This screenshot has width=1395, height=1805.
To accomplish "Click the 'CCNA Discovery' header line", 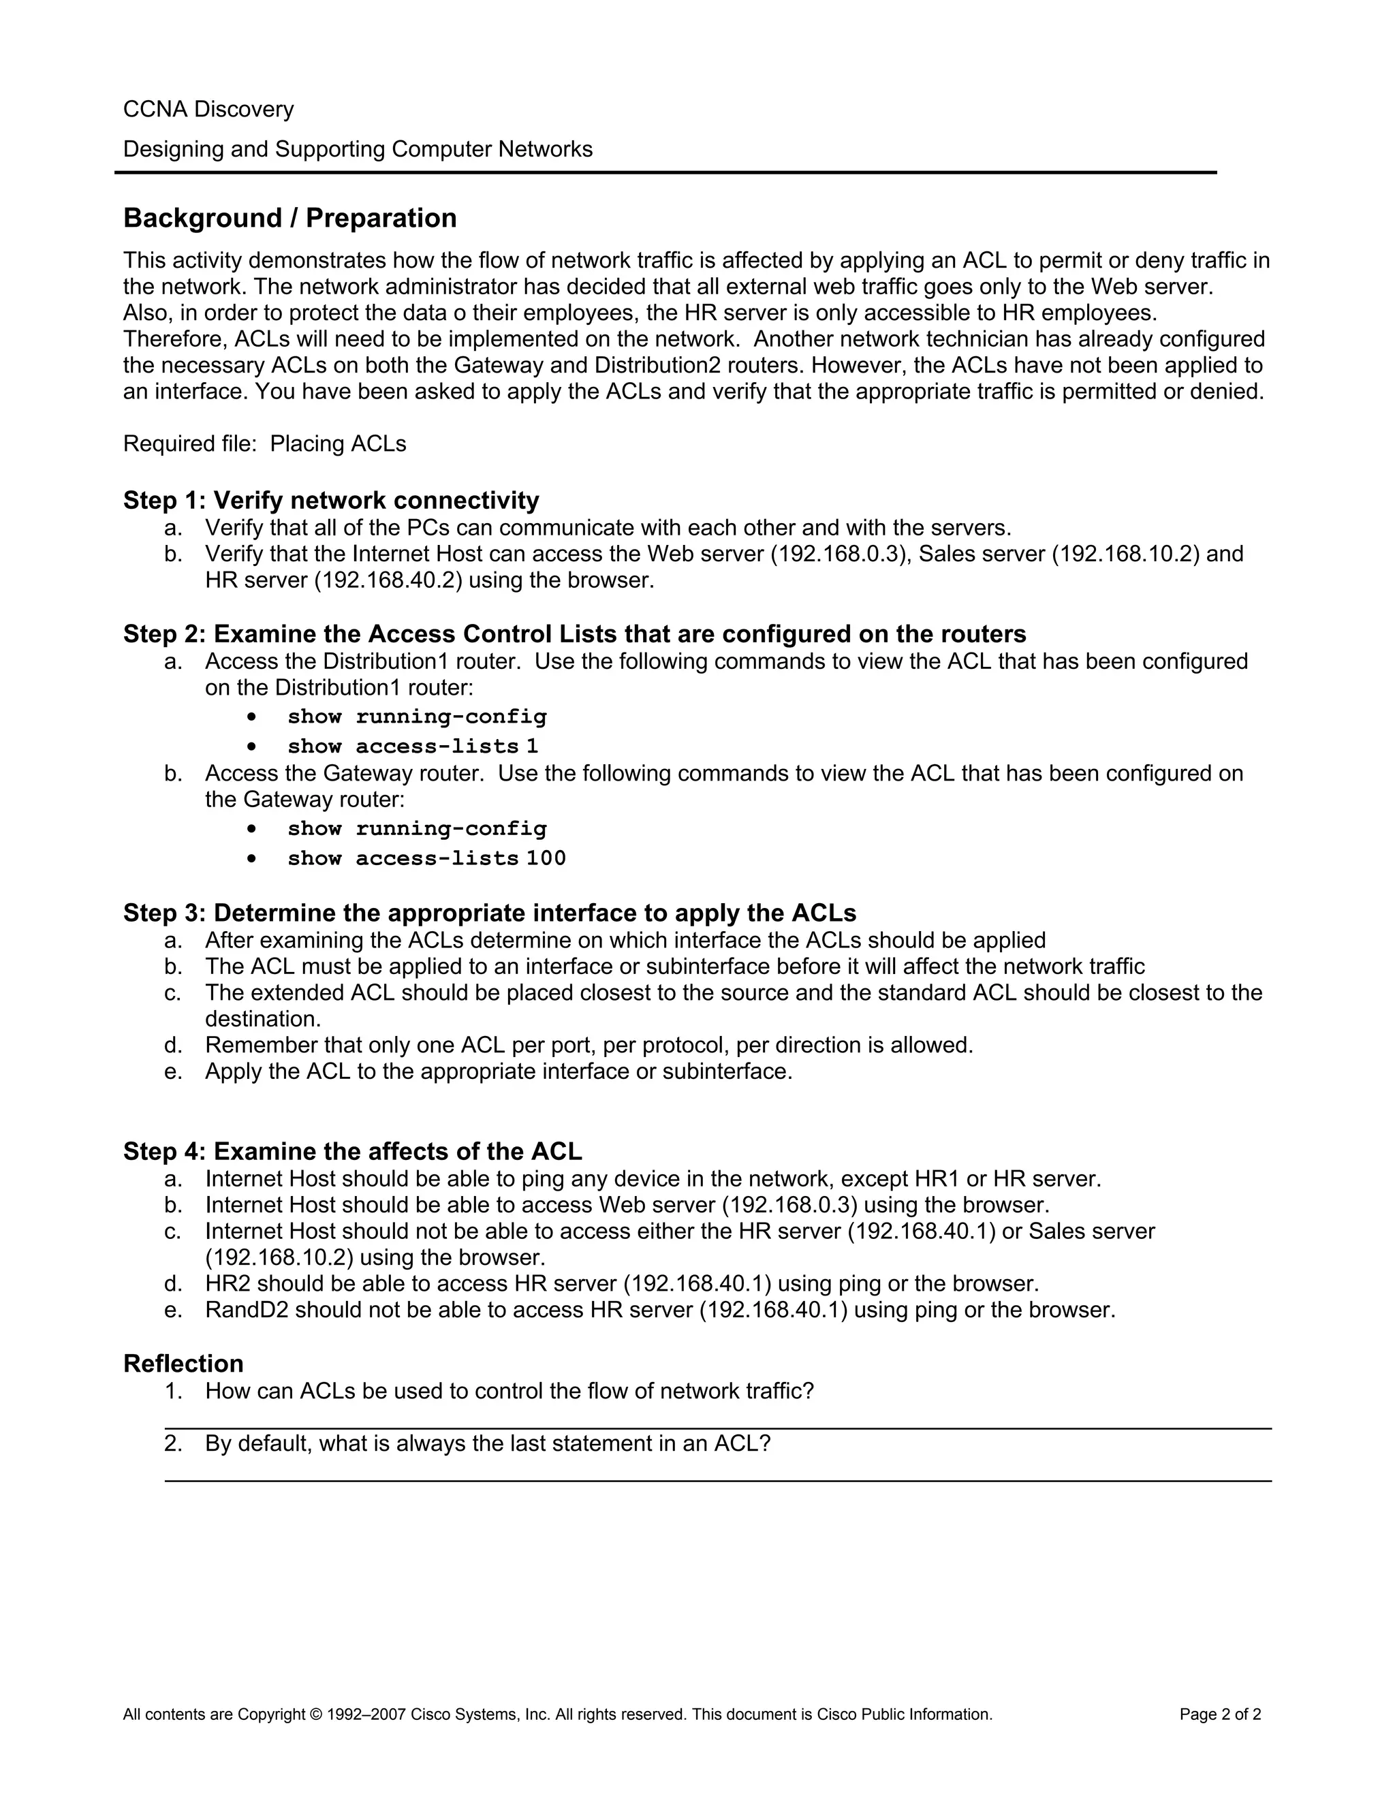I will (x=208, y=109).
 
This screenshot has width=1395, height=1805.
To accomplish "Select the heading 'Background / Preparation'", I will (x=289, y=218).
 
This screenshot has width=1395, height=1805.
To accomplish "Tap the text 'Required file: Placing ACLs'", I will (x=264, y=444).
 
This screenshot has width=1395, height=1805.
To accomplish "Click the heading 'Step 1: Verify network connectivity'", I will (x=330, y=500).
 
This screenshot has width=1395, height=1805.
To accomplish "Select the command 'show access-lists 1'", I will (x=412, y=747).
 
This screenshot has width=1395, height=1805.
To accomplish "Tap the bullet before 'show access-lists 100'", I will (x=251, y=859).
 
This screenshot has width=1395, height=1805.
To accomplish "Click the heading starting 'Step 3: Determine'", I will (x=489, y=913).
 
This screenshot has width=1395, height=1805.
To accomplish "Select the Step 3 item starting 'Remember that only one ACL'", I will (x=589, y=1045).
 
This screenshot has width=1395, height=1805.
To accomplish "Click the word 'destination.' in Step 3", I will (x=263, y=1019).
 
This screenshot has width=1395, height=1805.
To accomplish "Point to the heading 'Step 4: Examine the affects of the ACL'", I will (x=352, y=1151).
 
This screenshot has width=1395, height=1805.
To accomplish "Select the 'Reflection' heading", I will (x=183, y=1363).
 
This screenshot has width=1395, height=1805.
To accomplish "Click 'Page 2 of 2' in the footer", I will (x=1220, y=1714).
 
